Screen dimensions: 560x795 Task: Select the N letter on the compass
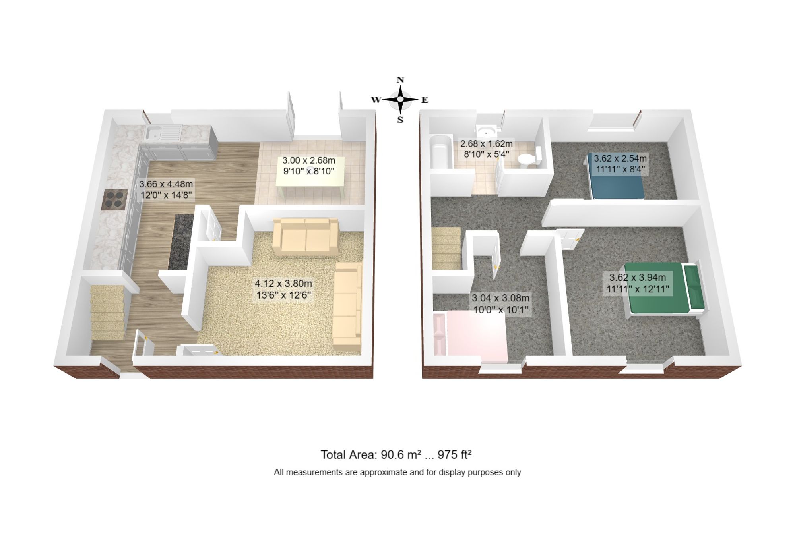click(400, 80)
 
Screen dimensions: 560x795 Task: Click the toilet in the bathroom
click(527, 159)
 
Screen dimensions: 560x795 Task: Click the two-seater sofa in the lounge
click(305, 237)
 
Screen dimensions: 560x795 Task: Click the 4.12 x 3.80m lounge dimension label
click(283, 289)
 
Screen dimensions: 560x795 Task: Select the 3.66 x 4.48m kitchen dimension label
click(166, 189)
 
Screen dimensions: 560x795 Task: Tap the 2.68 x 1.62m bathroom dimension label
click(486, 149)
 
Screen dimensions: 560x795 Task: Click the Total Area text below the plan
click(396, 454)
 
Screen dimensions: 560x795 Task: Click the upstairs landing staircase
click(447, 249)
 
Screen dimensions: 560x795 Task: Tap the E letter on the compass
click(425, 100)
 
